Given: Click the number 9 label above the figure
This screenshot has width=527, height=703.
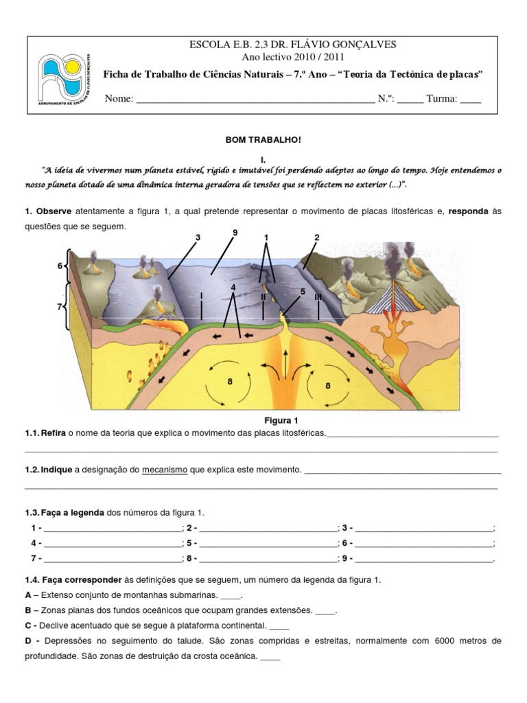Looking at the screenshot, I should click(235, 233).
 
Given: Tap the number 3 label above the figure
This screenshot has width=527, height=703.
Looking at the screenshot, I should click(197, 238).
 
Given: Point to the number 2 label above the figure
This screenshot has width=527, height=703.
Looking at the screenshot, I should click(317, 238).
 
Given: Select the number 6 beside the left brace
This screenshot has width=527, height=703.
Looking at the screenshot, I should click(60, 266).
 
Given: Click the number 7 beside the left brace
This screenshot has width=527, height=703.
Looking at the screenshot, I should click(60, 307).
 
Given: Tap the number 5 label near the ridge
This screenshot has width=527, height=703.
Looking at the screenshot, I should click(301, 292).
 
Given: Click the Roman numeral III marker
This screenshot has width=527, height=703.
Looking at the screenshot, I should click(318, 297).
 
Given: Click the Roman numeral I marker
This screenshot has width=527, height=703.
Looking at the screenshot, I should click(201, 296).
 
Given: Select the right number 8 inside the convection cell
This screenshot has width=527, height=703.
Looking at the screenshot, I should click(328, 386).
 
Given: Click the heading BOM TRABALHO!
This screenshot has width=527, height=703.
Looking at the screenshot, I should click(263, 139).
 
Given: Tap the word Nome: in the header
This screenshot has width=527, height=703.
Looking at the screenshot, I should click(119, 99).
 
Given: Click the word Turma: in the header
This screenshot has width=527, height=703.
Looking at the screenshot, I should click(441, 99).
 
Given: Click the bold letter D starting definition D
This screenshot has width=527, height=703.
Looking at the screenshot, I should click(28, 640).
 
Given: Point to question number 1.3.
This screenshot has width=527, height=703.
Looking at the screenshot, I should click(32, 513).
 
